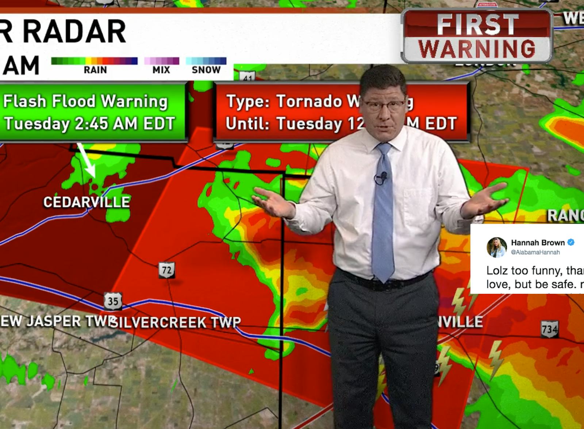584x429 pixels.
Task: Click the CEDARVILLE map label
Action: click(87, 202)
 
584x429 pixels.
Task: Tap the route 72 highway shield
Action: click(166, 270)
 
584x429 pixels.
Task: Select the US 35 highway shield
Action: click(113, 301)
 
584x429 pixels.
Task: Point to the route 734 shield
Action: click(549, 330)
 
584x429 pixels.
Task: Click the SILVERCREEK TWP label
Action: click(176, 322)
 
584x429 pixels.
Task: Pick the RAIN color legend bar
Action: click(95, 61)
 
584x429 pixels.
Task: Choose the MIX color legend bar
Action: click(162, 61)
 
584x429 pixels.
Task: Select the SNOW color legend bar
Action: click(206, 61)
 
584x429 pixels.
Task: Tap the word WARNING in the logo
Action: click(477, 49)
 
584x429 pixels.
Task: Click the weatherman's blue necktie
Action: click(384, 212)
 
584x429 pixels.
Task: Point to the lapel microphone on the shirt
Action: click(381, 178)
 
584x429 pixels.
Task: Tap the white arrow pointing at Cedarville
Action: click(86, 160)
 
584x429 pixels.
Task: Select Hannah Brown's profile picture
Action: click(496, 247)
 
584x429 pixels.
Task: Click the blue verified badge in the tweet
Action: click(571, 242)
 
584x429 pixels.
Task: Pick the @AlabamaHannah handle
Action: click(535, 252)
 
